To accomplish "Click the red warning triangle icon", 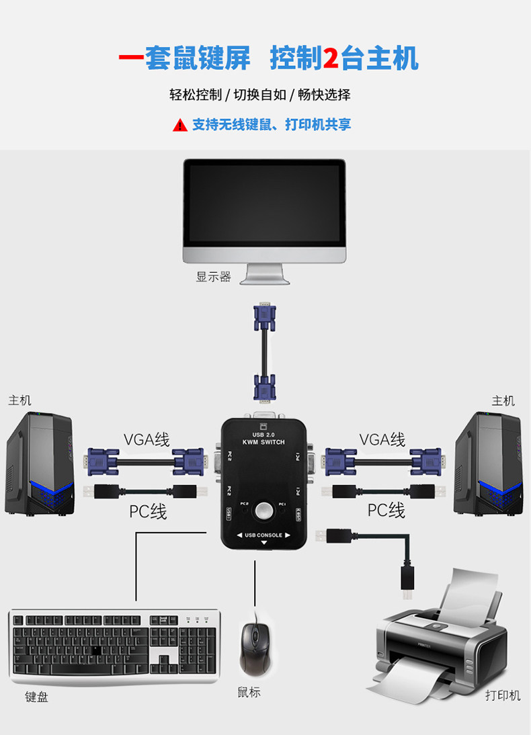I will (x=179, y=125).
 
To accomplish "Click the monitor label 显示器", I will (x=213, y=277).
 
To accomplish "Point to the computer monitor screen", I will (x=264, y=204).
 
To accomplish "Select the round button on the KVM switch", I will (x=264, y=511).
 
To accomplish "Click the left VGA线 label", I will (x=147, y=439).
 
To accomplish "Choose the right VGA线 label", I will (x=382, y=439).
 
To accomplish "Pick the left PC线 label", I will (x=148, y=511).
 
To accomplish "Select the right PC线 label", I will (x=386, y=510).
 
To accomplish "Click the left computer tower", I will (x=40, y=464).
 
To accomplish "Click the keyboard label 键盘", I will (x=36, y=697).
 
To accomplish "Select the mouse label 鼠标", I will (x=249, y=692).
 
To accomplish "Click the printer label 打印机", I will (x=503, y=695).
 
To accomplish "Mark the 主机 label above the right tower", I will (x=503, y=401).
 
